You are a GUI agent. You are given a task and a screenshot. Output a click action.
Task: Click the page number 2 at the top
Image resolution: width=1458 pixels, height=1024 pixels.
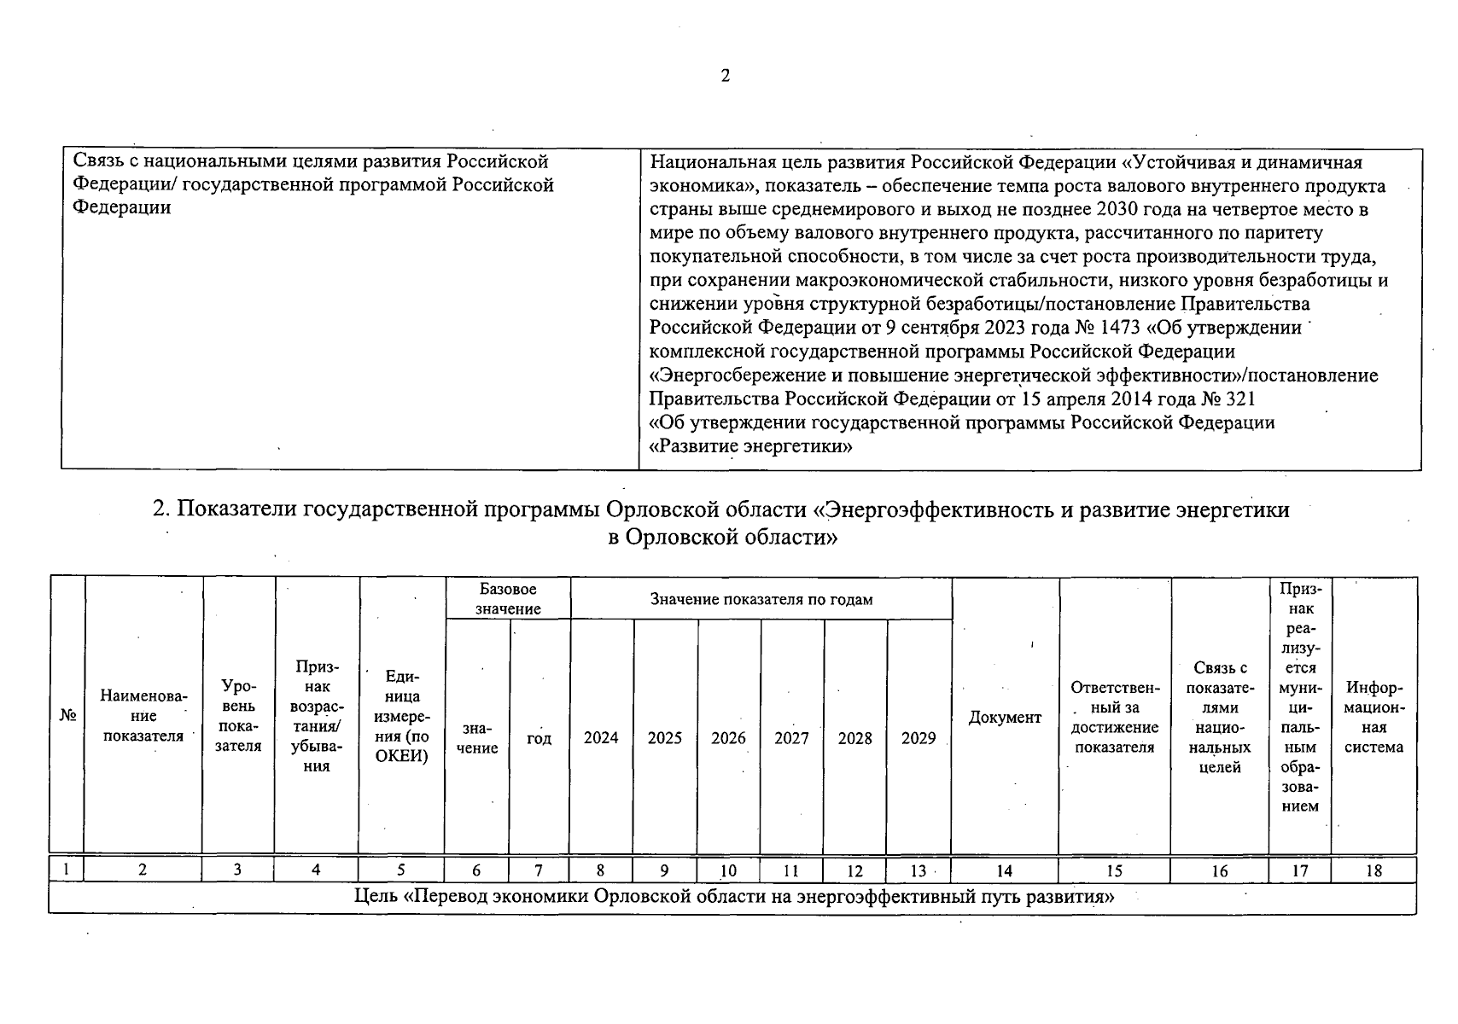pyautogui.click(x=726, y=76)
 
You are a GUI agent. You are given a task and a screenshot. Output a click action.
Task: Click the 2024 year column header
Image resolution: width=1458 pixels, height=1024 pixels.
pyautogui.click(x=601, y=738)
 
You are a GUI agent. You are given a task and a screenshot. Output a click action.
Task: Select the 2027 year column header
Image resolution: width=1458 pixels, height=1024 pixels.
pyautogui.click(x=791, y=738)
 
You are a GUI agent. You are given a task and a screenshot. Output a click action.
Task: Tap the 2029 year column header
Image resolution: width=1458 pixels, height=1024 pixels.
pyautogui.click(x=919, y=738)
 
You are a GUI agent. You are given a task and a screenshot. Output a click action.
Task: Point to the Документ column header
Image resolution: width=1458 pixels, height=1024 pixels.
pyautogui.click(x=1005, y=718)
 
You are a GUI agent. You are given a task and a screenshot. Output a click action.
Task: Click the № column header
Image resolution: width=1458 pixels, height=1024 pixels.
pyautogui.click(x=67, y=716)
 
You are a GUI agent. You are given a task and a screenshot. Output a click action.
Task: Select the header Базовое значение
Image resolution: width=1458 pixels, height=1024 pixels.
pyautogui.click(x=508, y=599)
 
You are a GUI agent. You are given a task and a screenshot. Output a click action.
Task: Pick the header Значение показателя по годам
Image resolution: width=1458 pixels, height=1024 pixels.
pyautogui.click(x=761, y=599)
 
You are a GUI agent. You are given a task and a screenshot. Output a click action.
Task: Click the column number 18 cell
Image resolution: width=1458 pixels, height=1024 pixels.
pyautogui.click(x=1373, y=870)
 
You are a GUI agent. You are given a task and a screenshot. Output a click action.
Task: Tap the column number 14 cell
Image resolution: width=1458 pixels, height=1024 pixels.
pyautogui.click(x=1004, y=870)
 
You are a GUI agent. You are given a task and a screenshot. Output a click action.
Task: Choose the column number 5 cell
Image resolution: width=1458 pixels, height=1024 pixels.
pyautogui.click(x=401, y=870)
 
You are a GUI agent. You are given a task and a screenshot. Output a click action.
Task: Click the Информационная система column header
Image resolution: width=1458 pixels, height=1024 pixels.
pyautogui.click(x=1373, y=717)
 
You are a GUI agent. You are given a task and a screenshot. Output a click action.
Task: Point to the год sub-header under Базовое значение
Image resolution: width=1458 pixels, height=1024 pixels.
pyautogui.click(x=539, y=738)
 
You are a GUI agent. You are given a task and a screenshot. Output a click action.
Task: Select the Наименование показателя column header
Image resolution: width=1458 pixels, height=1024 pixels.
pyautogui.click(x=143, y=716)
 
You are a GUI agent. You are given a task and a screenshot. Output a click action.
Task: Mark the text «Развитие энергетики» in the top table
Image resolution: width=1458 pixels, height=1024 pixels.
pyautogui.click(x=751, y=446)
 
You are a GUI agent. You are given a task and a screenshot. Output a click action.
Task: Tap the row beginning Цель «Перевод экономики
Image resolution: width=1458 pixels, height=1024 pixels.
pyautogui.click(x=734, y=897)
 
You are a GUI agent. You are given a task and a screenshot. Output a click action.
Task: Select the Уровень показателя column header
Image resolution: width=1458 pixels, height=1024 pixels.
pyautogui.click(x=238, y=716)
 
